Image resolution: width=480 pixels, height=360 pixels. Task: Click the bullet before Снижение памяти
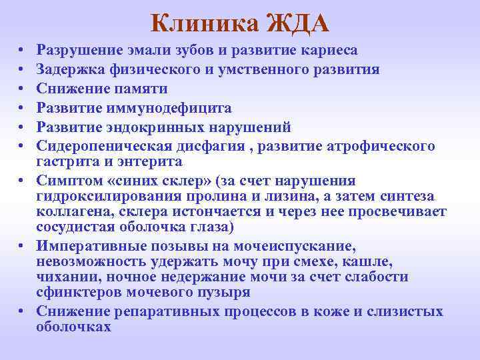[x=22, y=89]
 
